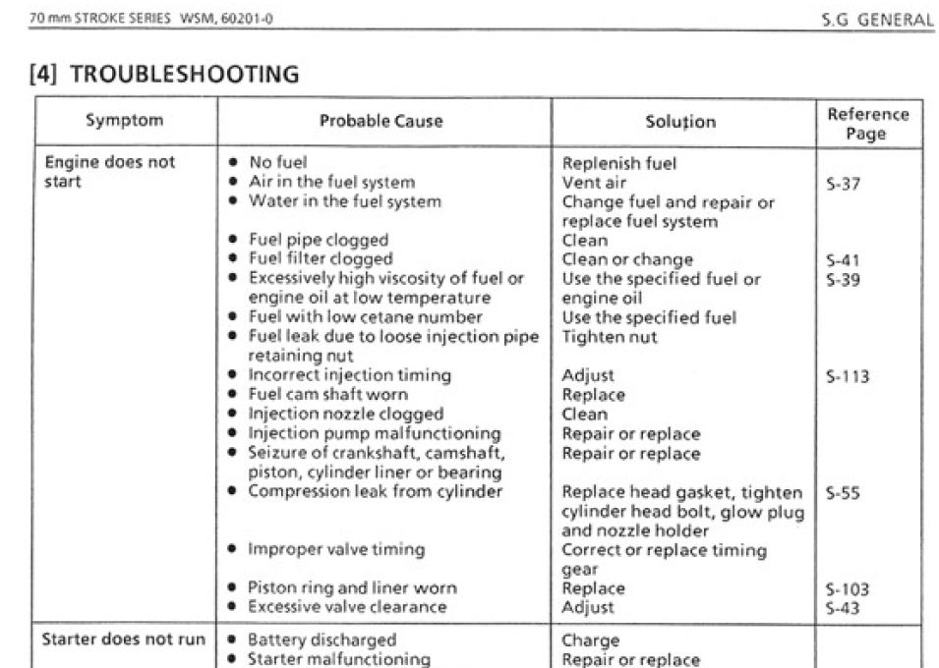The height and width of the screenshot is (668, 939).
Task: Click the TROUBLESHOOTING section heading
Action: (165, 74)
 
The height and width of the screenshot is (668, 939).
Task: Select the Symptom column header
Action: (124, 121)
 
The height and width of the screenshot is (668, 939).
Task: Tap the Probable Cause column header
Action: (381, 122)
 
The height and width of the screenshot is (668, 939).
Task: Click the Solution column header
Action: (680, 122)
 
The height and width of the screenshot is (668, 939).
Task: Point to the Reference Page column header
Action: (868, 123)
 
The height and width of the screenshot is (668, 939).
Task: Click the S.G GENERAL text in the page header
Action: (877, 20)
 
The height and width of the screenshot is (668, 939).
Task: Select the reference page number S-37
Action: (844, 183)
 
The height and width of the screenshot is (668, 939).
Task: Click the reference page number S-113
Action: (848, 376)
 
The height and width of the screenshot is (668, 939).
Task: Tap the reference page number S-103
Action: (848, 589)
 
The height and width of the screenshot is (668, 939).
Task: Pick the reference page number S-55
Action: (844, 492)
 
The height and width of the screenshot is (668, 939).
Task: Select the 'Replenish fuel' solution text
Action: (618, 163)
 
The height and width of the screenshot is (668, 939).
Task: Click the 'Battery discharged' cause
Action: (316, 640)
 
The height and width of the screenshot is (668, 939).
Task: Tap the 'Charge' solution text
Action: (590, 640)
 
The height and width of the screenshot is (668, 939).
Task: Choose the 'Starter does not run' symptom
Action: (123, 640)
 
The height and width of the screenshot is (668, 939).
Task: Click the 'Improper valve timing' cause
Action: (336, 549)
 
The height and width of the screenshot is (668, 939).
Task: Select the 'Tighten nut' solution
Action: (610, 337)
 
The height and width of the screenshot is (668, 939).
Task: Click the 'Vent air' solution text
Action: (594, 183)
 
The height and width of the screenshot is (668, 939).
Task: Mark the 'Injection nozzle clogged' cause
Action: (345, 415)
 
